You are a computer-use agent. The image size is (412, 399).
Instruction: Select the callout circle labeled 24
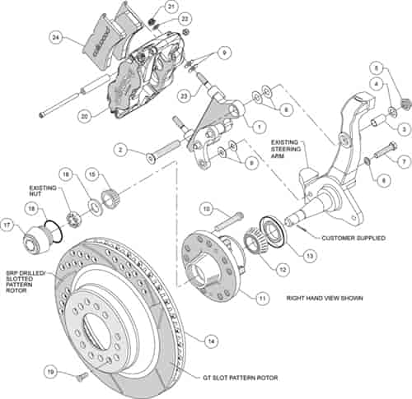tap(55, 36)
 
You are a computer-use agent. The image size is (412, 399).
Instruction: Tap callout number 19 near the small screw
tap(50, 371)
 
